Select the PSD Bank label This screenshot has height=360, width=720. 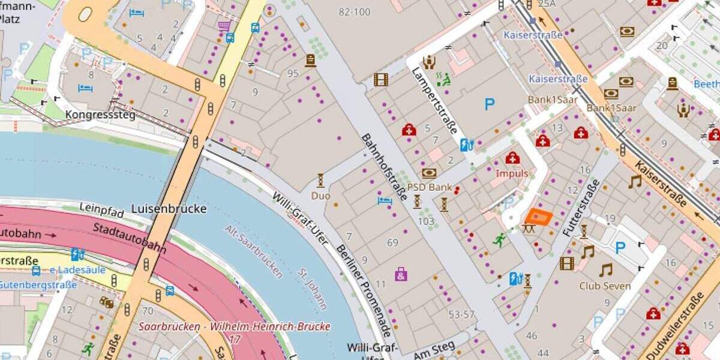click(x=430, y=187)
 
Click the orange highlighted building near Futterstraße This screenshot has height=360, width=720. click(x=538, y=217)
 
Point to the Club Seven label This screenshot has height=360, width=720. click(x=605, y=286)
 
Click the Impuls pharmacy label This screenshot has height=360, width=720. click(x=512, y=173)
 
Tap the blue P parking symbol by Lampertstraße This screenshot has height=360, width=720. click(x=490, y=104)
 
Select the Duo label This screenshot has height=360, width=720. click(x=320, y=196)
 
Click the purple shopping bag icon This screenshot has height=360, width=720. click(x=401, y=275)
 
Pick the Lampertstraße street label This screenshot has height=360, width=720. click(x=434, y=100)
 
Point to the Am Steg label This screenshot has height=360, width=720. click(x=431, y=347)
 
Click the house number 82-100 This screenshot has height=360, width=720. click(x=354, y=12)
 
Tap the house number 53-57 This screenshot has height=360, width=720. click(x=461, y=314)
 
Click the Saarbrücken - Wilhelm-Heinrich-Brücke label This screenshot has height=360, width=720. click(x=234, y=327)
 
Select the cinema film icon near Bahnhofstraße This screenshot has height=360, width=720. click(x=380, y=79)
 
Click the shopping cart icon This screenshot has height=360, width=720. click(x=224, y=26)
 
